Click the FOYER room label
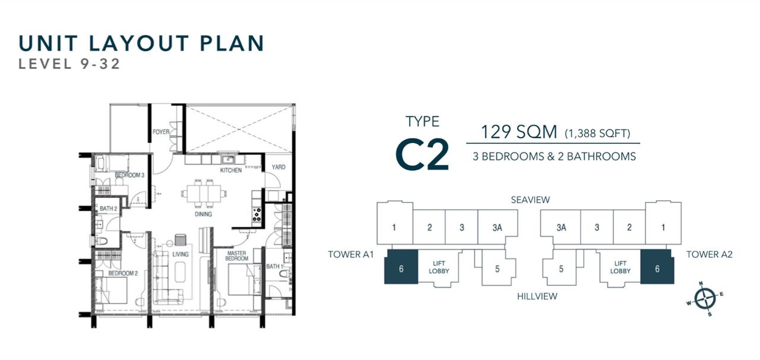pos(161,132)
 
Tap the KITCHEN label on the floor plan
pos(231,170)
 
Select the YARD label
pos(278,167)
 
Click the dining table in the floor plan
pos(204,193)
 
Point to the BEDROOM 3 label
pos(129,175)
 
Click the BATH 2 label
pos(108,209)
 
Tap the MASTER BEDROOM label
pos(237,255)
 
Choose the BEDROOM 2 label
pos(123,273)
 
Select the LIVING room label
pos(180,254)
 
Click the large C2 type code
pos(422,154)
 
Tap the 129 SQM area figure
pos(519,132)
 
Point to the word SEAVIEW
pos(530,200)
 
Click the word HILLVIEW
pos(537,296)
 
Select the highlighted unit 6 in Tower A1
pos(401,267)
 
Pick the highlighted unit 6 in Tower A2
pos(657,267)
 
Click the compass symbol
pos(705,299)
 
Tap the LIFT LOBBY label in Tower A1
pos(439,267)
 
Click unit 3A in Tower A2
pos(561,228)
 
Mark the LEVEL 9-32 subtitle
pos(69,64)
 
